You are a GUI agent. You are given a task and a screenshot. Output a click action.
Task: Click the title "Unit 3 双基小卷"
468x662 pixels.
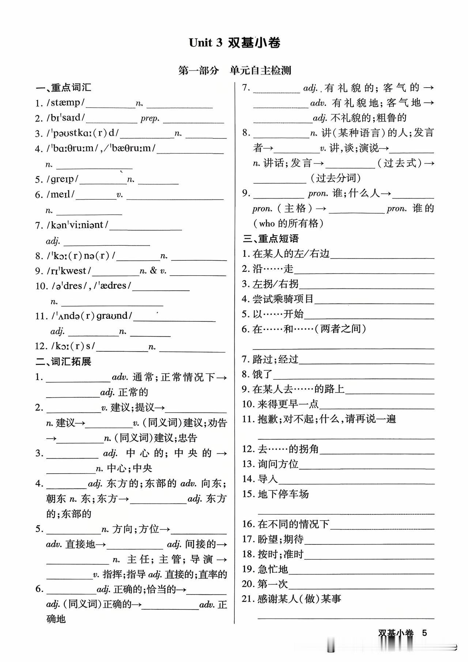[234, 43]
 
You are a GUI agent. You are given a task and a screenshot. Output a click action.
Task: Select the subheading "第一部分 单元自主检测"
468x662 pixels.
[234, 70]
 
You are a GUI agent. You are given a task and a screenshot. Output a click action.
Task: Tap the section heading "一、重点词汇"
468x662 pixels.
[63, 88]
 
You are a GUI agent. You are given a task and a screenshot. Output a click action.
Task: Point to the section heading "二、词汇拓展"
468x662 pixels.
[63, 361]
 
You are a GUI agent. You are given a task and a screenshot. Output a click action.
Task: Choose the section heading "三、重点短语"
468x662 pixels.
[271, 238]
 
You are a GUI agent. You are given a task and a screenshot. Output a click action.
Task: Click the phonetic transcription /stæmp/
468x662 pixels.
[65, 103]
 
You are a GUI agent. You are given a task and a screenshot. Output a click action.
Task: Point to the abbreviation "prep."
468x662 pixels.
[150, 119]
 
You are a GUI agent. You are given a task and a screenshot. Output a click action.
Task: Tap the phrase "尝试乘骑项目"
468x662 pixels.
[283, 299]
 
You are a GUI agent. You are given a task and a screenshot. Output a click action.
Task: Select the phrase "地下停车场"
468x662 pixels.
[283, 494]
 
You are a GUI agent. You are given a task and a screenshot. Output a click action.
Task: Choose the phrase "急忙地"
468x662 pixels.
[273, 569]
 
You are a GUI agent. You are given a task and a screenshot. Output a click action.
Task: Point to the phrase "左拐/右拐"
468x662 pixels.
[275, 284]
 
